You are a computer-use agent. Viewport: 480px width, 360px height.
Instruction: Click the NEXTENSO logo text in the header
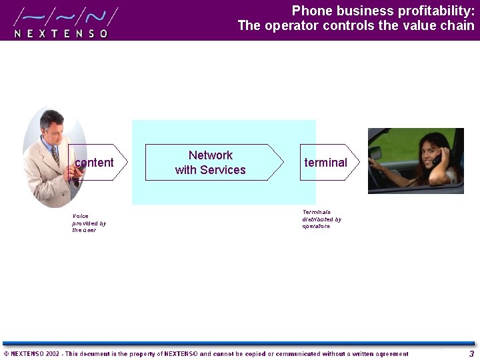click(61, 33)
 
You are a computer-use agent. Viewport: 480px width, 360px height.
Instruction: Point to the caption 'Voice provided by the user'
click(89, 223)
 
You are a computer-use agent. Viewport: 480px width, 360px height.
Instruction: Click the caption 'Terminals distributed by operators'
click(321, 219)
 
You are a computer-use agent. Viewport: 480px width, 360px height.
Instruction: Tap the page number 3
click(471, 354)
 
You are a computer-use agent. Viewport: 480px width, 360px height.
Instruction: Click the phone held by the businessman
click(77, 172)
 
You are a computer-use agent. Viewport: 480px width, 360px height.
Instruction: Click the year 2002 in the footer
click(53, 354)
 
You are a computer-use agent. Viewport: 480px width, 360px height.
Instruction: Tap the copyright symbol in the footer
click(6, 354)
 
